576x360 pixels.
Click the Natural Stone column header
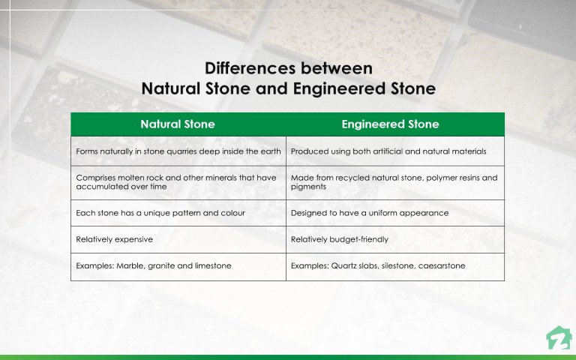[x=178, y=124]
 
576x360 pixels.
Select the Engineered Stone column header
[x=390, y=124]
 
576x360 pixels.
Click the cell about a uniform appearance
[x=370, y=213]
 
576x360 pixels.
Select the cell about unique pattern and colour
[x=160, y=213]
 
